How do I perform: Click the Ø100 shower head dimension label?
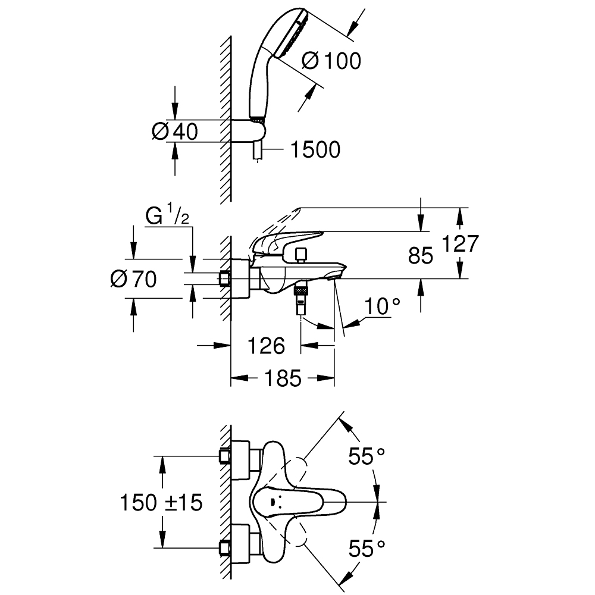click(331, 61)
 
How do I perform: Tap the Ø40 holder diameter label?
click(174, 131)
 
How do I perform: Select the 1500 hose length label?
click(315, 150)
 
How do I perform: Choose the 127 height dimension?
click(461, 243)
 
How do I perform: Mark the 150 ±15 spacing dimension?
click(161, 503)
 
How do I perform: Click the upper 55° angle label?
click(365, 457)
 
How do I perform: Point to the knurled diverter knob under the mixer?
click(302, 291)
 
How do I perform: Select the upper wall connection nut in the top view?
click(225, 456)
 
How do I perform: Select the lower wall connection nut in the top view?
click(225, 547)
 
